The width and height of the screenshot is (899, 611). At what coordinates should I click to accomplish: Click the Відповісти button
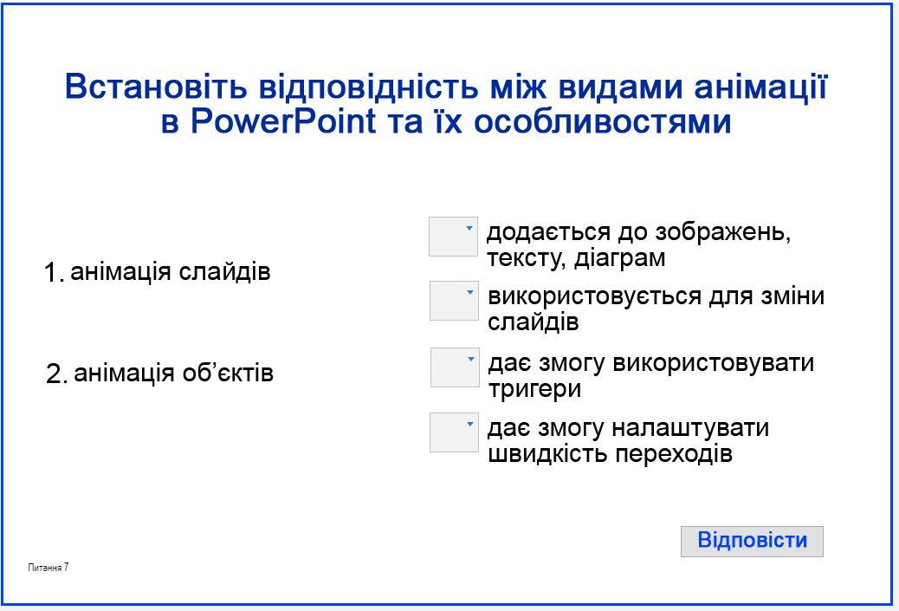tap(752, 541)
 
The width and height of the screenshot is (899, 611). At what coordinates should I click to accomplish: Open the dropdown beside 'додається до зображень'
tap(453, 237)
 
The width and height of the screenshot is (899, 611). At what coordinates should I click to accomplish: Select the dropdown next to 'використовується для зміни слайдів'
tap(454, 301)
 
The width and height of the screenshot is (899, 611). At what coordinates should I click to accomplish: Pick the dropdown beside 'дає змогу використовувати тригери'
tap(455, 367)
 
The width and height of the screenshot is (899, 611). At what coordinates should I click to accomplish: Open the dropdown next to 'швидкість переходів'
tap(454, 432)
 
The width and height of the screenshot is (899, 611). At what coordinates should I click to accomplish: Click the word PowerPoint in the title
tap(282, 121)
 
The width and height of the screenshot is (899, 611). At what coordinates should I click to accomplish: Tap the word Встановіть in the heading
tap(156, 87)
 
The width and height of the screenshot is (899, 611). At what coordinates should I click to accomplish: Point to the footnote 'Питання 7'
tap(49, 568)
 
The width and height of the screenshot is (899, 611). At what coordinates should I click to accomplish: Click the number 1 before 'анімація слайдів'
tap(52, 272)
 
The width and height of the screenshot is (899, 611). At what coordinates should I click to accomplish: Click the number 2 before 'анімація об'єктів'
tap(56, 374)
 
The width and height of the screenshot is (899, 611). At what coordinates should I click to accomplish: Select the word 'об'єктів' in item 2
tap(228, 373)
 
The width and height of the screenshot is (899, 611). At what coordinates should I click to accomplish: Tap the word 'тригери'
tap(534, 389)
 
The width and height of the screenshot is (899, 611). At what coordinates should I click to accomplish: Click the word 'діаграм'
tap(620, 257)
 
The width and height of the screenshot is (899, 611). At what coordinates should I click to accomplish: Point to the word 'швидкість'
tap(547, 454)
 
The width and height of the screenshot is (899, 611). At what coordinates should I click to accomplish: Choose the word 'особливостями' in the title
tap(603, 121)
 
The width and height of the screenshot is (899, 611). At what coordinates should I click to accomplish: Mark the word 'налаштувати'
tap(690, 428)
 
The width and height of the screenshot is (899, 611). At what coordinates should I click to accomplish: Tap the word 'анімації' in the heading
tap(760, 87)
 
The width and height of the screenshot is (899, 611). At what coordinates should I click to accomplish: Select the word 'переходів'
tap(674, 454)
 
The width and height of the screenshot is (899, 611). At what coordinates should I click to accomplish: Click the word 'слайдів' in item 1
tap(225, 272)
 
